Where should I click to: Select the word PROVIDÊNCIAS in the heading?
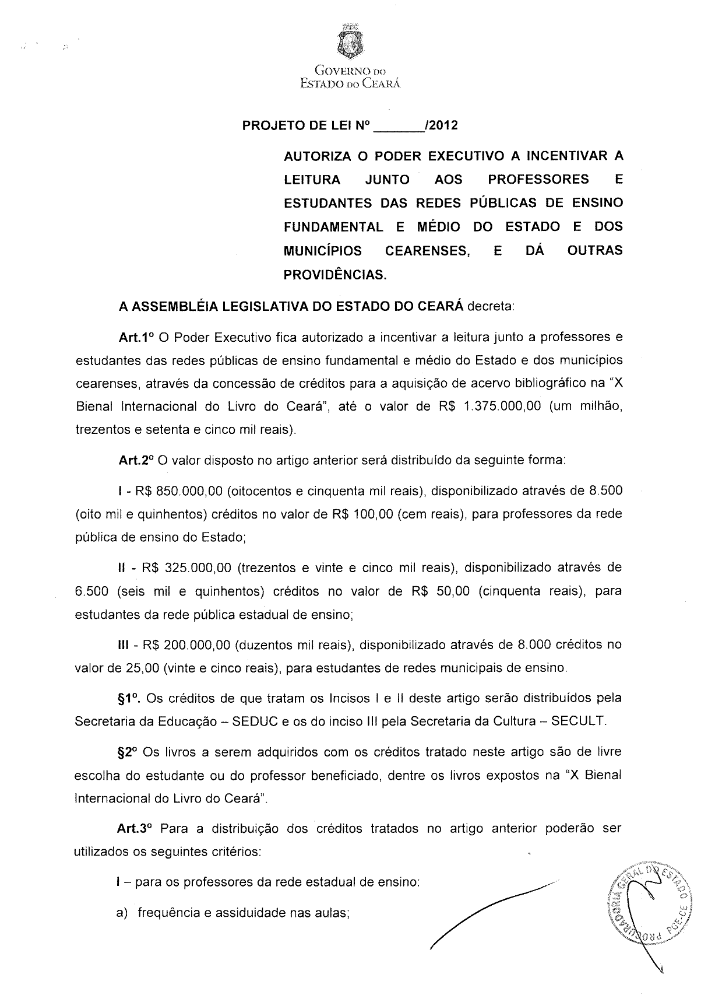pos(335,274)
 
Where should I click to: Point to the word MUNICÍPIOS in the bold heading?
pos(322,251)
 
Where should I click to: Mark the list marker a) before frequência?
pos(122,913)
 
